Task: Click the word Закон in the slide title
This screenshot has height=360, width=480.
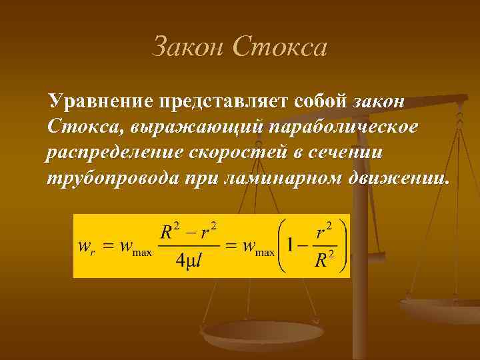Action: point(189,47)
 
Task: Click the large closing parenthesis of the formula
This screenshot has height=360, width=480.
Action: point(341,245)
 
